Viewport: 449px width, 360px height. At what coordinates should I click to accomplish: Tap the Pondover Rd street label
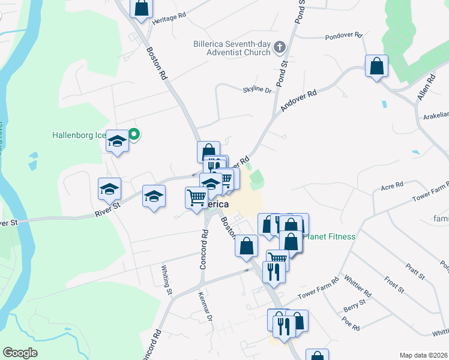pyautogui.click(x=344, y=36)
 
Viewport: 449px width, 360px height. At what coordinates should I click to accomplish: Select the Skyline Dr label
pyautogui.click(x=257, y=90)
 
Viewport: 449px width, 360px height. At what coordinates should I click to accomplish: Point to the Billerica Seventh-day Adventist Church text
pyautogui.click(x=232, y=48)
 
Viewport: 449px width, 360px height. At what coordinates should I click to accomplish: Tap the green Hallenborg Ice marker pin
pyautogui.click(x=134, y=134)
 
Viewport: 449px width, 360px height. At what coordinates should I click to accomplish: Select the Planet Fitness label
pyautogui.click(x=328, y=236)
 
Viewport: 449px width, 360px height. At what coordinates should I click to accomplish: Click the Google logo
pyautogui.click(x=20, y=352)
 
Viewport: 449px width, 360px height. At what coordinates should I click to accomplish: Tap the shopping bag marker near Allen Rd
pyautogui.click(x=376, y=66)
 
